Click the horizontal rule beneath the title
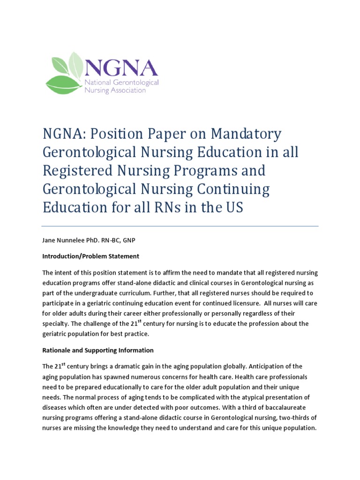(x=180, y=226)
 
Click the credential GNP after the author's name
(x=135, y=240)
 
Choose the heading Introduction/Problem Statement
(x=90, y=256)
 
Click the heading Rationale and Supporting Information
(x=98, y=350)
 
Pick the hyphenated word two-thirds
(x=292, y=418)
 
